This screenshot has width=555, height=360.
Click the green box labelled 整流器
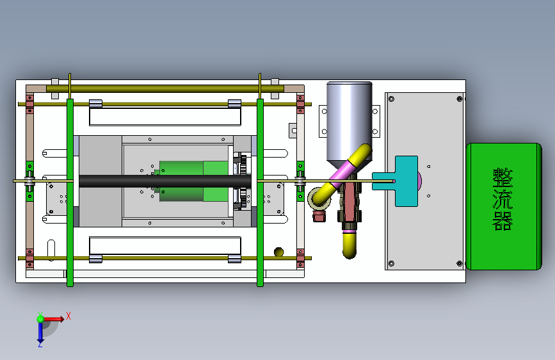point(503,206)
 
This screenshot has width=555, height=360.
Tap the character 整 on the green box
point(503,178)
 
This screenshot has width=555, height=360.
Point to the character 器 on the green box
point(503,220)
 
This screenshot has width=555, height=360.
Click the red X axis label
point(68,316)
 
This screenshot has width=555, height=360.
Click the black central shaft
point(165,181)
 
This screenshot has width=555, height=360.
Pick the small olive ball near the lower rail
point(279,252)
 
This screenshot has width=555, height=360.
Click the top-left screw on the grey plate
point(391,99)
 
